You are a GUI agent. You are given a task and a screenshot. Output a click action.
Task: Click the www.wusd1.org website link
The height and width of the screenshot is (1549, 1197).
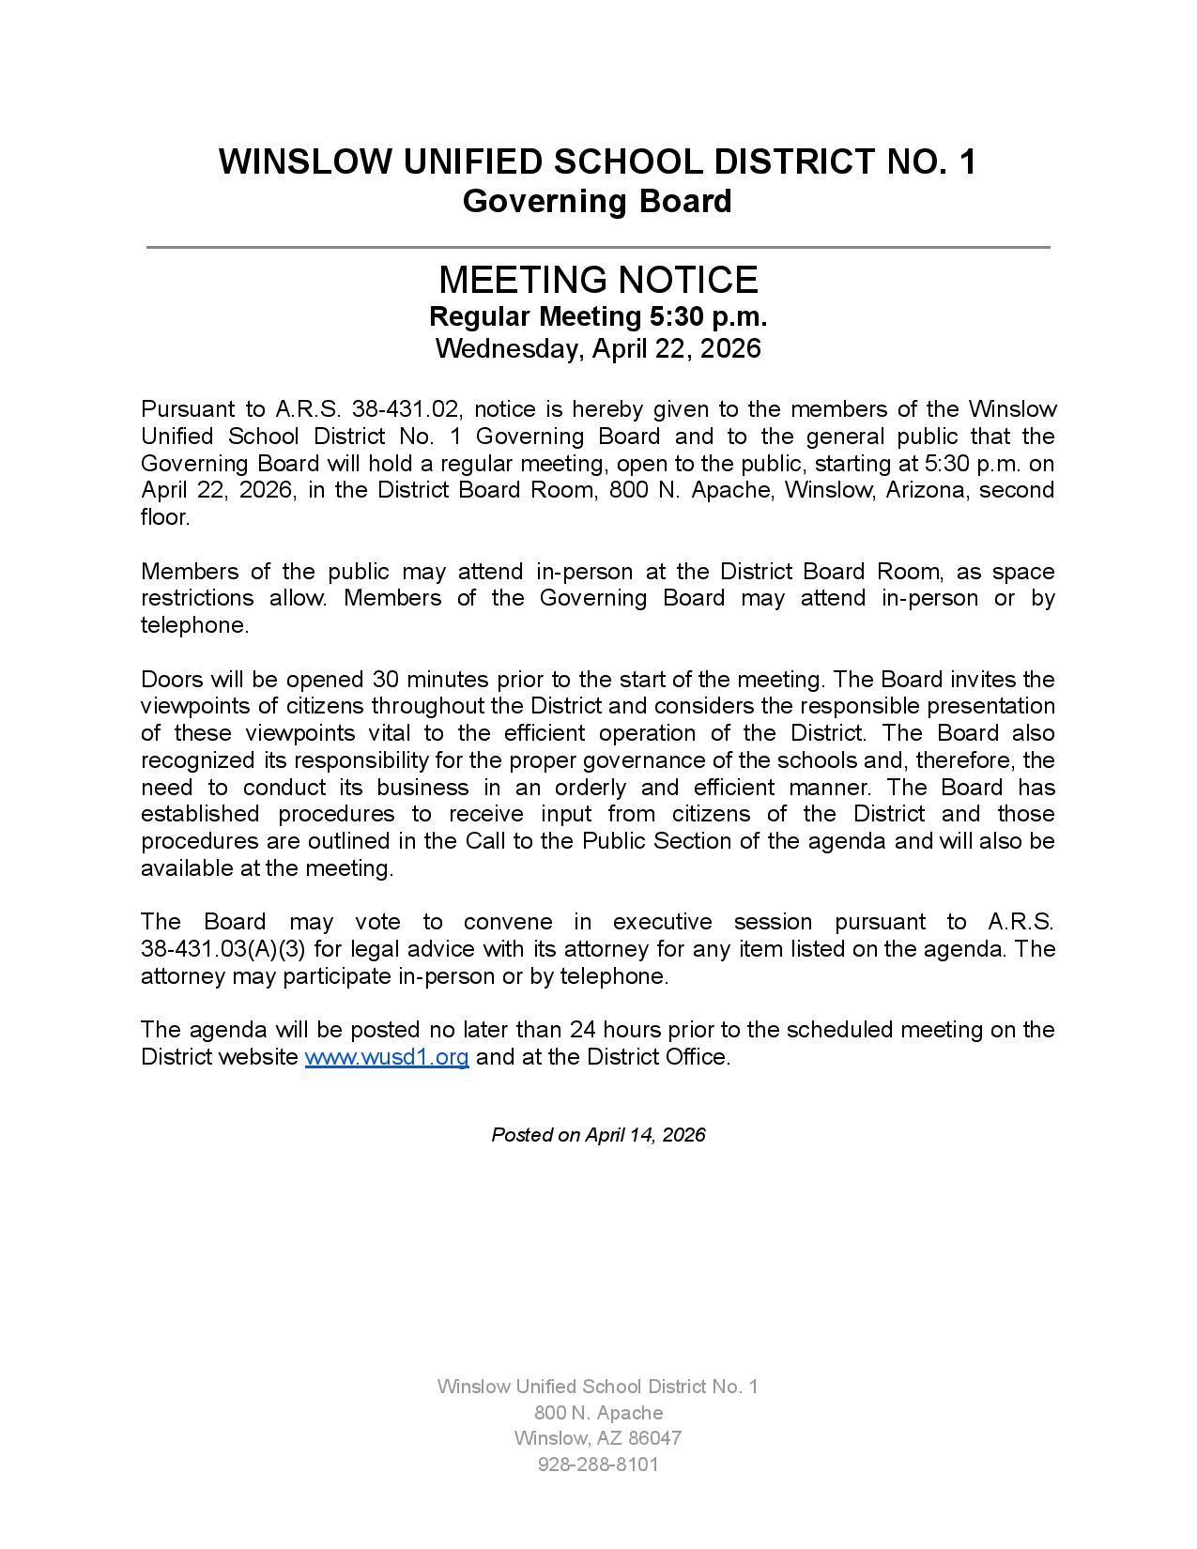point(387,1057)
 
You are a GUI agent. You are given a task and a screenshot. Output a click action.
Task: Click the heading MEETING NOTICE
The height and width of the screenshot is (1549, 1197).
point(598,280)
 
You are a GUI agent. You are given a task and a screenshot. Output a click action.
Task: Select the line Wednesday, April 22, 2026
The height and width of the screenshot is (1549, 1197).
point(598,349)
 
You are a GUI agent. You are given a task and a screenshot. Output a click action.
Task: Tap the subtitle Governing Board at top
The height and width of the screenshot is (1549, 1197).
point(597,201)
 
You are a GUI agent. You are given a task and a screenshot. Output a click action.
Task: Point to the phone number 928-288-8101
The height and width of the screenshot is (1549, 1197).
point(598,1465)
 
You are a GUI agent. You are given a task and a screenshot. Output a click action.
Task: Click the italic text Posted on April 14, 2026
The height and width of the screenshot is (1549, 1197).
point(598,1135)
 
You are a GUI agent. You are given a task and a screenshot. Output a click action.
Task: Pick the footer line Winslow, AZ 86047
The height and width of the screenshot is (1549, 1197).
point(598,1438)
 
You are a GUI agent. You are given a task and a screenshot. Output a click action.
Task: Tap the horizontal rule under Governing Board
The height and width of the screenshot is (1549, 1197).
point(598,247)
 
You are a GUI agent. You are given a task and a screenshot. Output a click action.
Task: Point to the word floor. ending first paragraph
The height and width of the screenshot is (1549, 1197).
point(165,517)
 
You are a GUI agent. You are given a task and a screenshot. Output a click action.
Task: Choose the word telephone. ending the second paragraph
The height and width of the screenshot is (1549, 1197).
point(194,625)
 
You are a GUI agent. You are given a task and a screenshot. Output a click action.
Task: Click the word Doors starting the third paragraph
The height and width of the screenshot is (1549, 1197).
point(172,679)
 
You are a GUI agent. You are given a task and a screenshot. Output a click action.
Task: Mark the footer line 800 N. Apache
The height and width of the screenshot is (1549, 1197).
point(598,1413)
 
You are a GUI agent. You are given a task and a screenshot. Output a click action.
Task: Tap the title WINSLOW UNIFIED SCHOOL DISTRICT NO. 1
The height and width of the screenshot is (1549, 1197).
point(597,162)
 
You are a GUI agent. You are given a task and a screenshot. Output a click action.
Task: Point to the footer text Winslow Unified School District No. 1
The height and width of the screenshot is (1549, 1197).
point(598,1387)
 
